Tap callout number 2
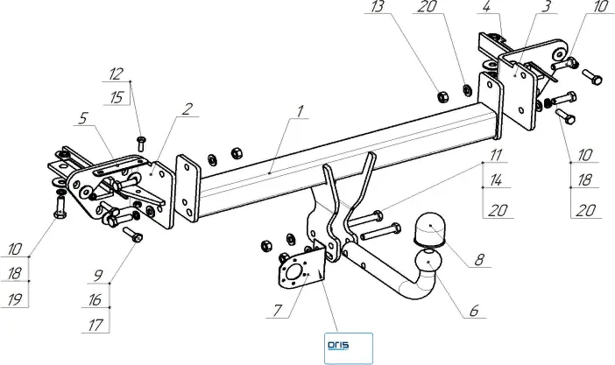pos(187,109)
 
